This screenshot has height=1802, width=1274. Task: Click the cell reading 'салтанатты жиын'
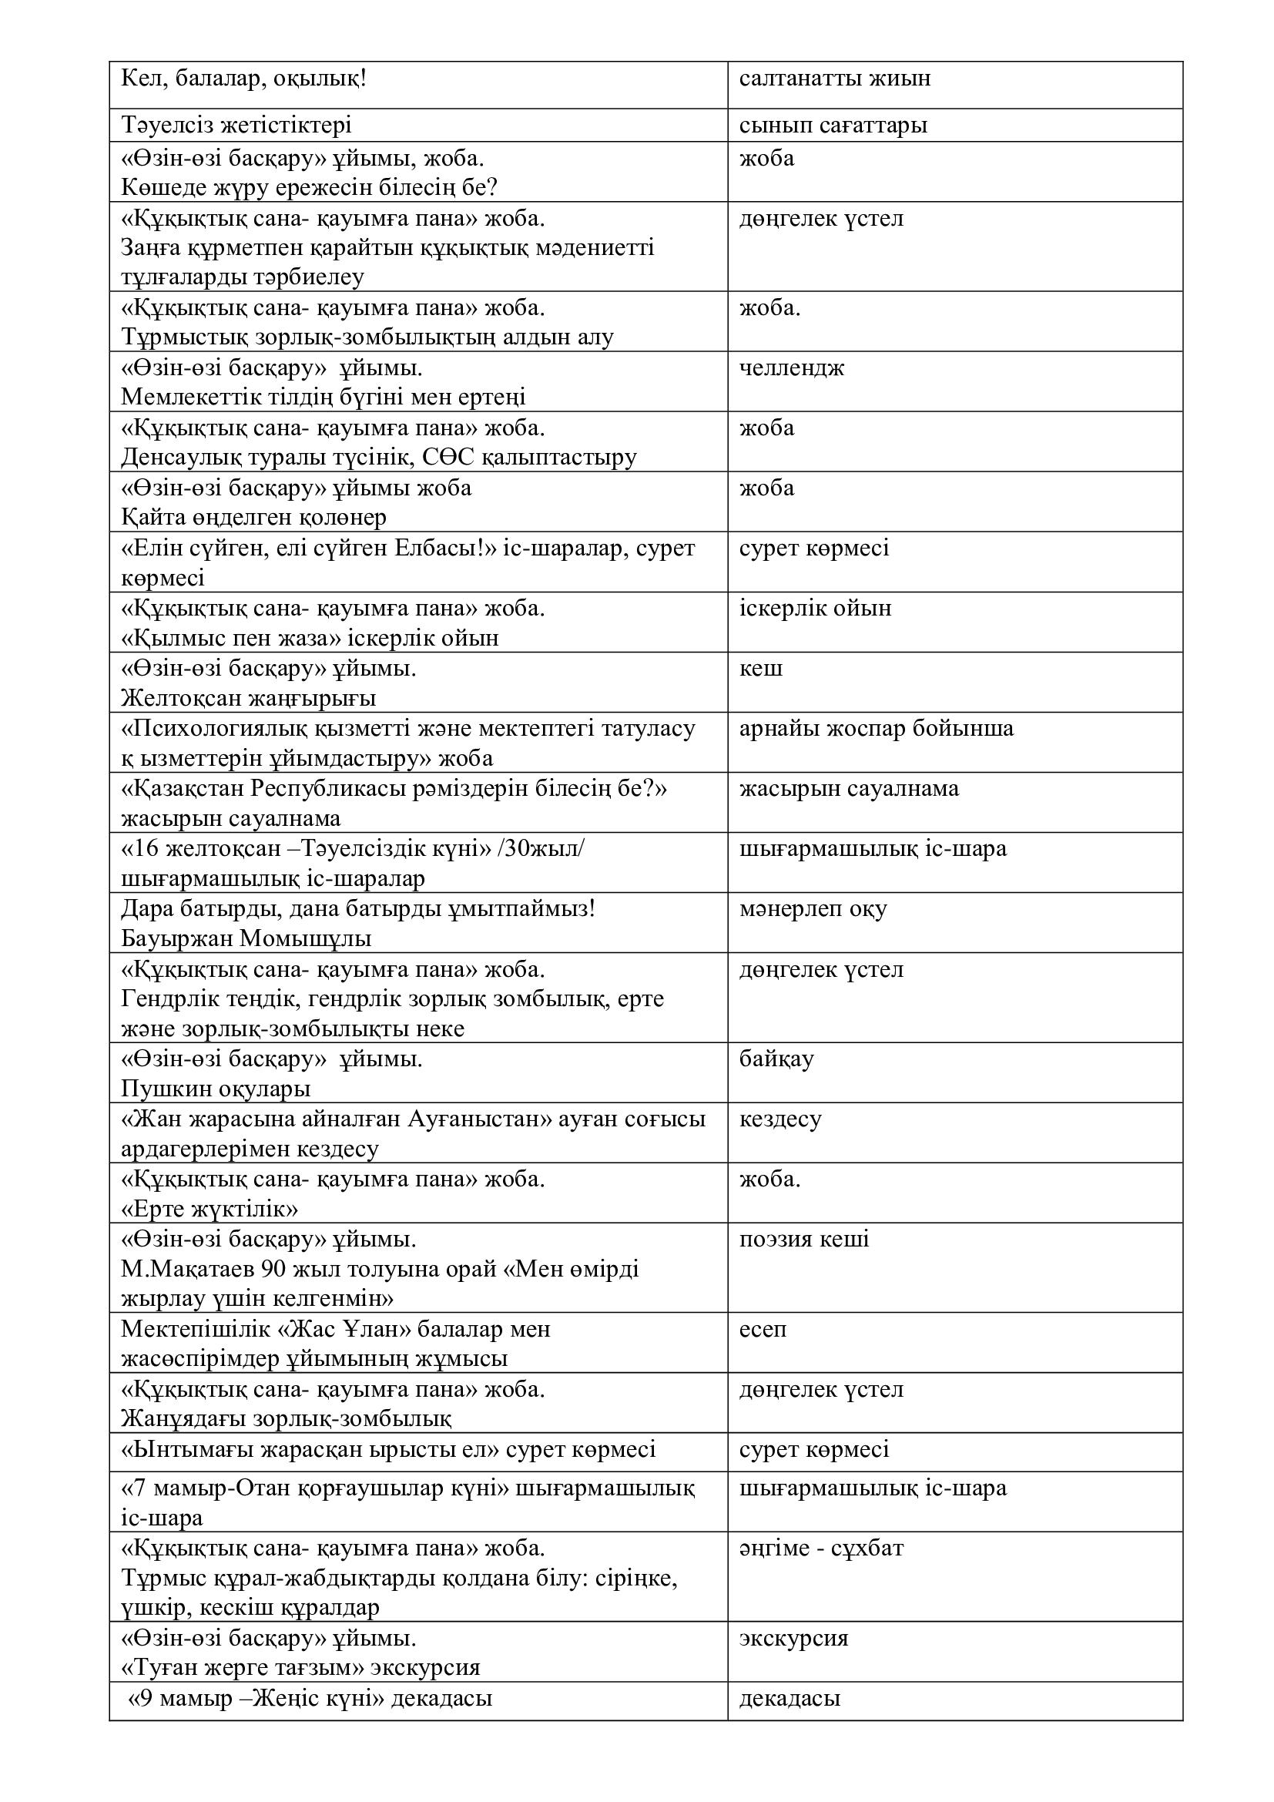coord(835,79)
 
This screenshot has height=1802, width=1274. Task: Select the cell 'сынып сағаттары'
coord(833,126)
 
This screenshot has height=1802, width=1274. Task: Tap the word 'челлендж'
coord(792,368)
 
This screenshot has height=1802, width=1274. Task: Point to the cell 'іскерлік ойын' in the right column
coord(815,609)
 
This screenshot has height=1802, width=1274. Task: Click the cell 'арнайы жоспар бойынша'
coord(877,728)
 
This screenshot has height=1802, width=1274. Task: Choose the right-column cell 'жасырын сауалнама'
coord(849,789)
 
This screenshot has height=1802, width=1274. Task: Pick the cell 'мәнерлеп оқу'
coord(813,909)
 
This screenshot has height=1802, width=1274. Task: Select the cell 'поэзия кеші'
coord(804,1240)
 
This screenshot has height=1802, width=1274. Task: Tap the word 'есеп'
coord(763,1330)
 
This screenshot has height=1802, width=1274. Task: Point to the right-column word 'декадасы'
coord(790,1699)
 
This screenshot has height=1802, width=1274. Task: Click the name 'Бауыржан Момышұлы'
coord(246,938)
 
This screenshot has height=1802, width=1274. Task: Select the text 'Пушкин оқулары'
coord(216,1089)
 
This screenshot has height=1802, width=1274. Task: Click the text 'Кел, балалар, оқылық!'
coord(243,79)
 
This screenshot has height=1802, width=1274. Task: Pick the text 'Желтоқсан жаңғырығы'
coord(249,698)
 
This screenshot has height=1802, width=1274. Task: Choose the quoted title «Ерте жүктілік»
coord(210,1209)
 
